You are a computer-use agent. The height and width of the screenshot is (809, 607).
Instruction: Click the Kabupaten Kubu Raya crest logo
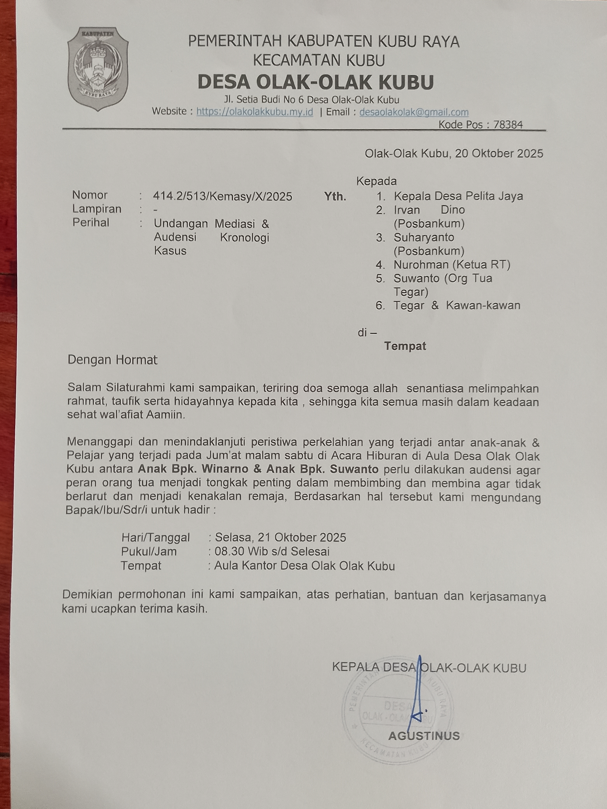[x=98, y=69]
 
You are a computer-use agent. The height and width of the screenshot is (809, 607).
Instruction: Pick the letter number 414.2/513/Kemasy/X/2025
[x=222, y=197]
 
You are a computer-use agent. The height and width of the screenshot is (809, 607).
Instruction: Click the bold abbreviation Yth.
[x=335, y=197]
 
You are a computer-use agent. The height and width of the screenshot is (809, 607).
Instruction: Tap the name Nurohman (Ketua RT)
[x=452, y=264]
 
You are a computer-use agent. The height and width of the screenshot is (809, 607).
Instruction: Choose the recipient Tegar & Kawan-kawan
[x=457, y=305]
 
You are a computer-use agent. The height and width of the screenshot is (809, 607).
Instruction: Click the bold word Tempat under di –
[x=405, y=346]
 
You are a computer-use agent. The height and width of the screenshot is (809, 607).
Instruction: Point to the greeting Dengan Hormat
[x=112, y=360]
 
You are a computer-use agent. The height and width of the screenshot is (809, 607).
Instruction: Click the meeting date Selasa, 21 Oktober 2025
[x=280, y=537]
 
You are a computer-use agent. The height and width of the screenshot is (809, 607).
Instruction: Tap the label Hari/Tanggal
[x=155, y=537]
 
